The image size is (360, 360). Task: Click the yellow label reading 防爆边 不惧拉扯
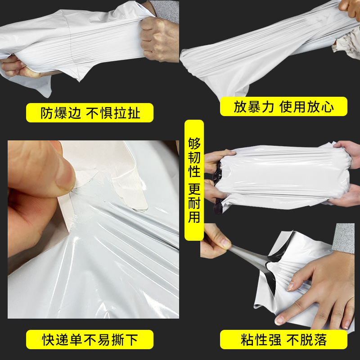click(x=90, y=113)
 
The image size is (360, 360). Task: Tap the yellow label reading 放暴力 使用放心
click(x=283, y=107)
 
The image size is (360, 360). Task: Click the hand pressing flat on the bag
click(x=315, y=288)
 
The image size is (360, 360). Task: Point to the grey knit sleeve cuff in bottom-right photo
click(x=344, y=238)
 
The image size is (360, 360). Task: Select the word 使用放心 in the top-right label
click(x=306, y=107)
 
